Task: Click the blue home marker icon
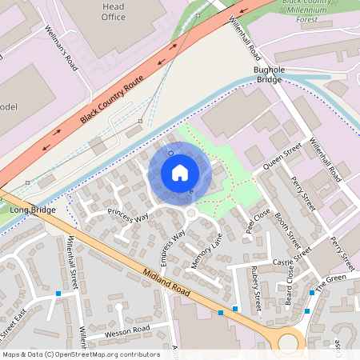[x=180, y=172]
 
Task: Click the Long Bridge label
[x=31, y=210]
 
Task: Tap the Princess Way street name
[x=128, y=216]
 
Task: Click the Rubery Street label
[x=256, y=288]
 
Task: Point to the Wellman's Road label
[x=59, y=47]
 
